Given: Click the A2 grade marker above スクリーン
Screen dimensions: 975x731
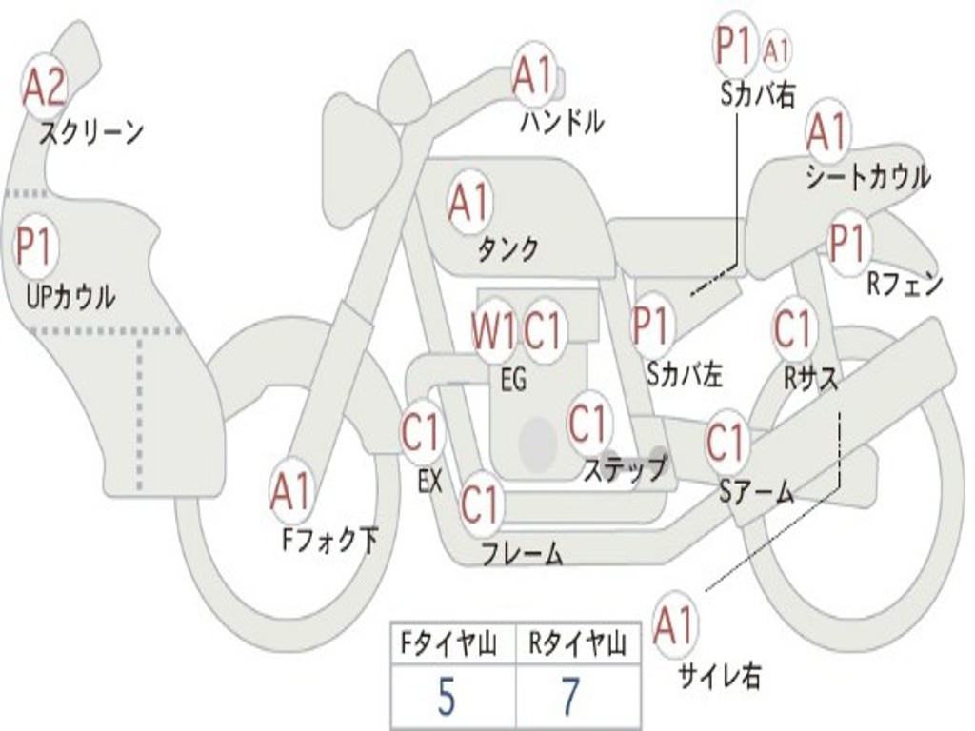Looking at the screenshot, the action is [x=44, y=88].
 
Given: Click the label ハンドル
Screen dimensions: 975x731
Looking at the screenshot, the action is [x=562, y=122].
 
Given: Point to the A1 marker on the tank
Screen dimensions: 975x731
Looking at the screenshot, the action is [x=468, y=203].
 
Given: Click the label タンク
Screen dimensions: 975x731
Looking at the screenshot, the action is [x=507, y=249].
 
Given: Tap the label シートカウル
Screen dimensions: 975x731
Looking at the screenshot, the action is [x=867, y=177].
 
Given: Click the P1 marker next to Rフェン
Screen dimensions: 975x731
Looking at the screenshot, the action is [x=846, y=245].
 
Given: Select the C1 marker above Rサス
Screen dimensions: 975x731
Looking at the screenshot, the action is [x=792, y=329].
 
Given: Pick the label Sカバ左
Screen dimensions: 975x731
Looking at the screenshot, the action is [x=685, y=375].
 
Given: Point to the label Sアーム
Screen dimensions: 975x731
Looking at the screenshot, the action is [x=755, y=491].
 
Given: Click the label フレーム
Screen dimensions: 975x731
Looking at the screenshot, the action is [x=522, y=553].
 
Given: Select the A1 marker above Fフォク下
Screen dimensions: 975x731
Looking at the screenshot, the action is [x=290, y=492].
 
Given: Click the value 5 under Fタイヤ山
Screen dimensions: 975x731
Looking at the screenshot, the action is [x=446, y=698].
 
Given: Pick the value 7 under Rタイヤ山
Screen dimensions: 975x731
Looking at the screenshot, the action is [x=569, y=698].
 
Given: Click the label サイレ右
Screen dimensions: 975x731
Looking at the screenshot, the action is [x=719, y=677].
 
